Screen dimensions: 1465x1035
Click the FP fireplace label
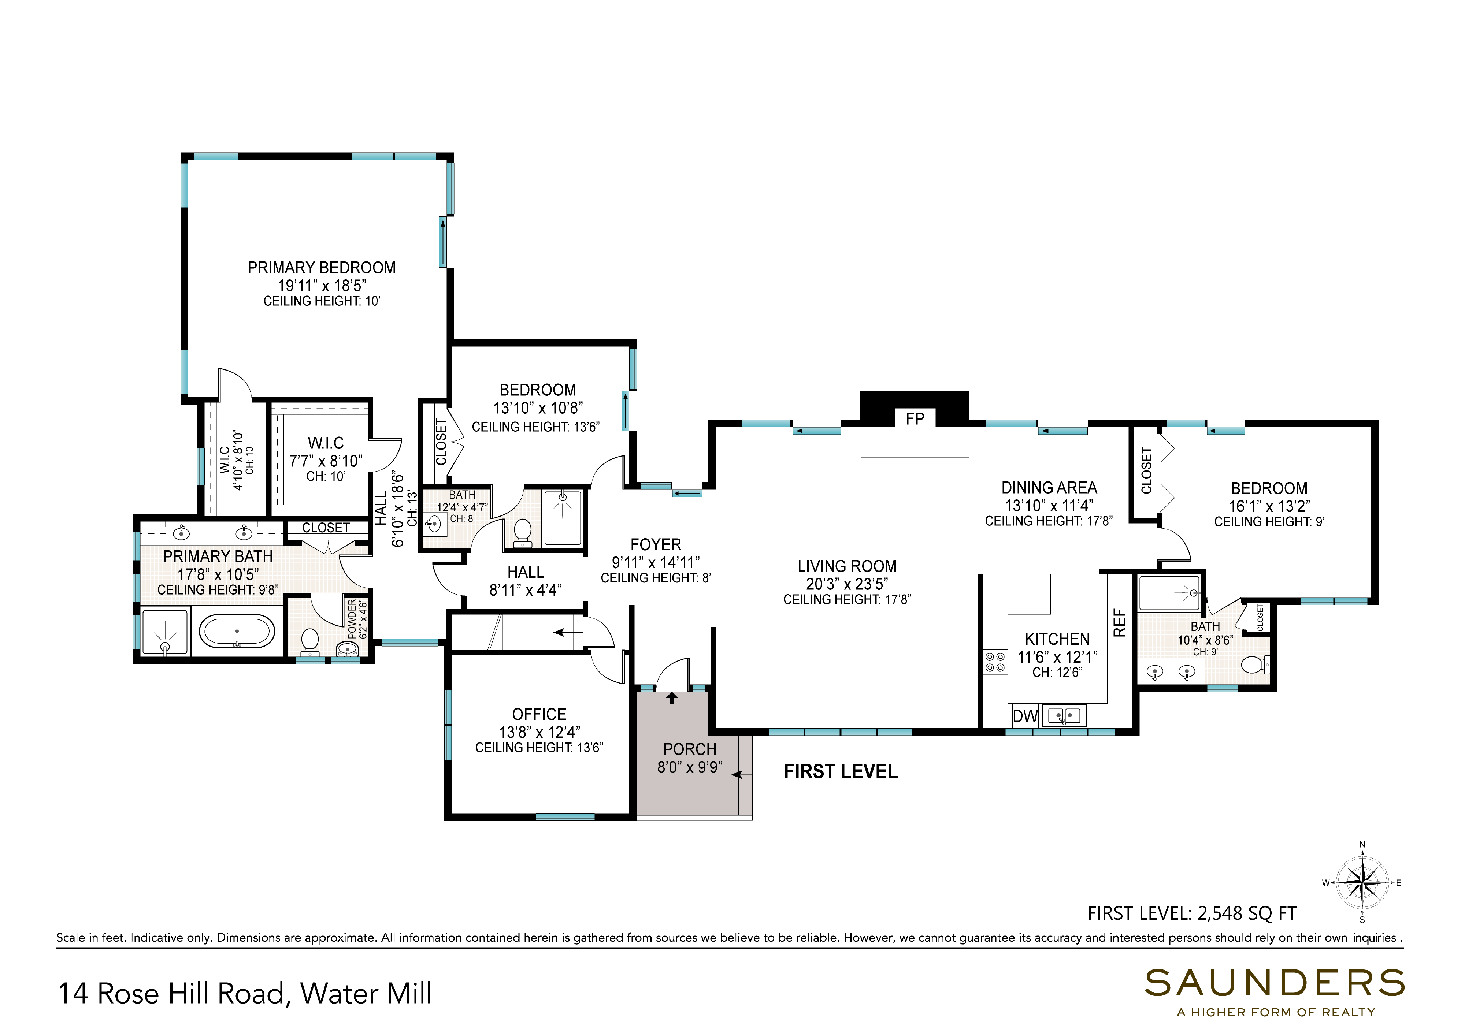915,418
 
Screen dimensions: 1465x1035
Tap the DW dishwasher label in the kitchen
1025,716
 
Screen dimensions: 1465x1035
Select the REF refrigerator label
1120,623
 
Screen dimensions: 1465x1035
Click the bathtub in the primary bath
237,632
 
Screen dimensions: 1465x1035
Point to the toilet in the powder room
309,641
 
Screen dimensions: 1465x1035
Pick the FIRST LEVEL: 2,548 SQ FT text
1192,913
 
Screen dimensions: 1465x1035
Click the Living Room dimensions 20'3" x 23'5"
847,584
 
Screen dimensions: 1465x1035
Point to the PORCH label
690,749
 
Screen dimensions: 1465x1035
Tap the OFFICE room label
539,714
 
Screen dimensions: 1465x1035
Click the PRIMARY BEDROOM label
322,268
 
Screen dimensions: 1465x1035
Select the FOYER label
656,545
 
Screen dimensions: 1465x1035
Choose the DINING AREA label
1049,488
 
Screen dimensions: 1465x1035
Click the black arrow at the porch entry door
671,698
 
